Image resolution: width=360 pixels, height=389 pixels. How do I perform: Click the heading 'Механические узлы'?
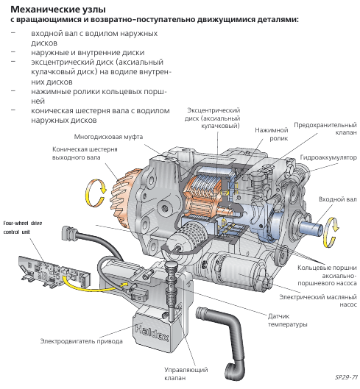(58, 10)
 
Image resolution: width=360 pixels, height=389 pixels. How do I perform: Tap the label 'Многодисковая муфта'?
(108, 137)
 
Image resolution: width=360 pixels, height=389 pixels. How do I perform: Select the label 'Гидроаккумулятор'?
(328, 157)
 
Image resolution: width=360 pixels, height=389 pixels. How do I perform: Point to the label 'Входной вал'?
(338, 199)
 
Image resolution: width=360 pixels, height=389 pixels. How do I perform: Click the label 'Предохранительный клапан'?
(325, 129)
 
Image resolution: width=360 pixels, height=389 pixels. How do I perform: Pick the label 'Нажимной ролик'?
(272, 134)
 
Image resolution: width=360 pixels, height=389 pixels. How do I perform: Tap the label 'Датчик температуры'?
(287, 320)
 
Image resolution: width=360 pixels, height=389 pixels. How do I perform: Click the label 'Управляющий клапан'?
(186, 374)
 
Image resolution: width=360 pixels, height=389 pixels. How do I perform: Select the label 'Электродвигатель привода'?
(82, 341)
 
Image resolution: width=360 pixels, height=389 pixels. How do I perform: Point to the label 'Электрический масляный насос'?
(318, 301)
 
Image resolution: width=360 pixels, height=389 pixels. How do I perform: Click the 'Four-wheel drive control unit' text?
(23, 227)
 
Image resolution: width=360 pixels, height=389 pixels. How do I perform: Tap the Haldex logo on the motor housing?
(152, 333)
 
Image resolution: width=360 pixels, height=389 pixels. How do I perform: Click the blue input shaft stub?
(311, 226)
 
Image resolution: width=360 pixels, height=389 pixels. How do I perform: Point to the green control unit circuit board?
(54, 271)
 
